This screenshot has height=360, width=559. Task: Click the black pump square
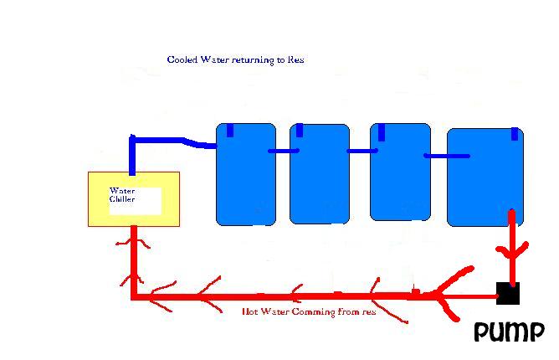(x=508, y=293)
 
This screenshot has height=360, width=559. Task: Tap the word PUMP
(x=509, y=332)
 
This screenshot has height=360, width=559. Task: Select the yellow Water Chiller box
(x=134, y=199)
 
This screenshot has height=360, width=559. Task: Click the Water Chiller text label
(x=122, y=195)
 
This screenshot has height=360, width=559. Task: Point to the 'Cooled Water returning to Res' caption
(x=235, y=59)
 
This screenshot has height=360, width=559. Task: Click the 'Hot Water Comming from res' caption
(x=309, y=311)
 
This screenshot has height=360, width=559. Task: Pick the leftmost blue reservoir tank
(x=246, y=174)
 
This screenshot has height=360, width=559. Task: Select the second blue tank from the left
(x=320, y=174)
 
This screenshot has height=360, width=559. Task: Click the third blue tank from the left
(x=400, y=172)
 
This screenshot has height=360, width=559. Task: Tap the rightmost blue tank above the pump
(x=485, y=177)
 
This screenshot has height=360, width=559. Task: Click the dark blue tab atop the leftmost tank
(x=230, y=131)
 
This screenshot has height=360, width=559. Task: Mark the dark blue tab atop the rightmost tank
(x=515, y=134)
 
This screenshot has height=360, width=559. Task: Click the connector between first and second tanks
(x=284, y=151)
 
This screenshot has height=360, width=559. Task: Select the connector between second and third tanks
(x=362, y=151)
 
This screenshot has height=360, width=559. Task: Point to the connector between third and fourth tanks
(x=447, y=156)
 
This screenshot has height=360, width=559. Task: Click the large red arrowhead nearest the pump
(x=450, y=293)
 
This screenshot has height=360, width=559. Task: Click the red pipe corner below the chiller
(x=134, y=296)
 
